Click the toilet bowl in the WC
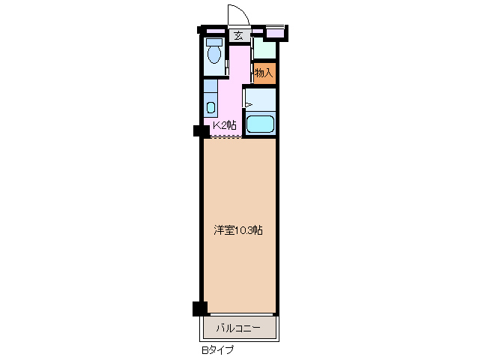point(214,54)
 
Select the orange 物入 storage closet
point(264,73)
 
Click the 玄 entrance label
point(238,35)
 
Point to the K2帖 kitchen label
point(224,125)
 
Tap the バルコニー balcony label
point(238,328)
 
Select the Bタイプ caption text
point(217,349)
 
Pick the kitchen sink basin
point(211,106)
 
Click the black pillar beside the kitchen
point(200,131)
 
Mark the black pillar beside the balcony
point(199,307)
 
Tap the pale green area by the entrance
point(265,49)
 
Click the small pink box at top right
point(276,32)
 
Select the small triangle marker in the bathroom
point(249,105)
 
